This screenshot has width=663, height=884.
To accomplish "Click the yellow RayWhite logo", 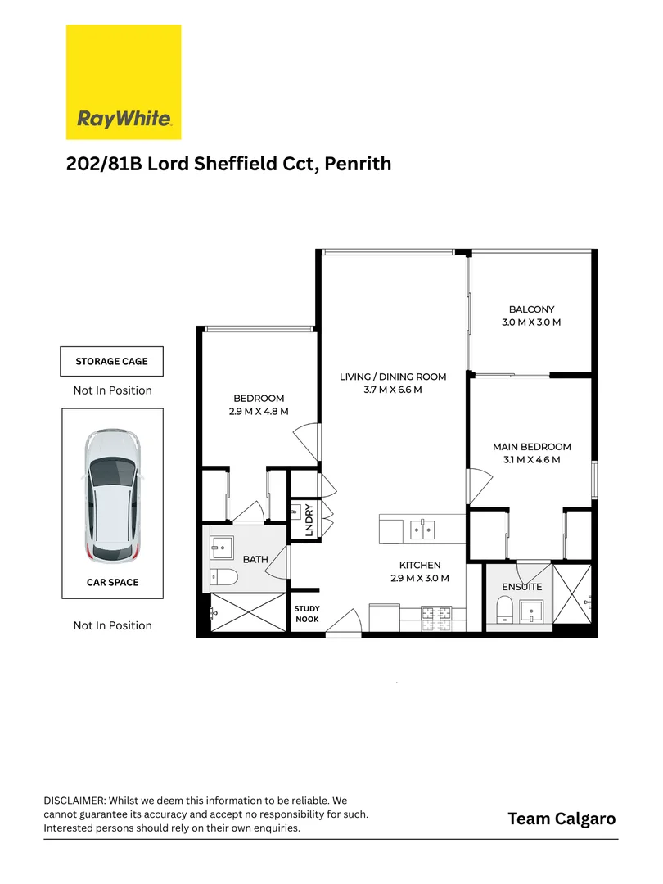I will pos(124,82).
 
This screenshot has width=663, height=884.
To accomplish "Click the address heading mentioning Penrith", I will pos(228,164).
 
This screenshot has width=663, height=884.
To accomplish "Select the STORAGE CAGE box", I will pos(112,361).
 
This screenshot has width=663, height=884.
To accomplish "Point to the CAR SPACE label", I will pos(112,583).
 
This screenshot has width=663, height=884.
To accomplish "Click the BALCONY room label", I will pos(531,309).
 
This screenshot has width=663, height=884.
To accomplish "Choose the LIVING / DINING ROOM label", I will pos(393,377).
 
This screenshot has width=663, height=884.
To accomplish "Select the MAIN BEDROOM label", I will pos(531,447).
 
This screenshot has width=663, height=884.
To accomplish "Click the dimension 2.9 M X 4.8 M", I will pos(259,412).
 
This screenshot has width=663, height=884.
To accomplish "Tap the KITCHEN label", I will pos(420,565).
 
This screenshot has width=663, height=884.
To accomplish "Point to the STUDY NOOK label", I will pos(307,614).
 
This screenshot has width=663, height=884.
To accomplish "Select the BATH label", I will pos(255,559).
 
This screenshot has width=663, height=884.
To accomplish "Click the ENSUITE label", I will pos(521,587).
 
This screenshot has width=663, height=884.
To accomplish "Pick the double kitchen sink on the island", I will pos(422,530).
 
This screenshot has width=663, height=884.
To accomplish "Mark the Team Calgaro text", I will pos(562,819).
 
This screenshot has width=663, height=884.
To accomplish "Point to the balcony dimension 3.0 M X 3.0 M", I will pos(531,322).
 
